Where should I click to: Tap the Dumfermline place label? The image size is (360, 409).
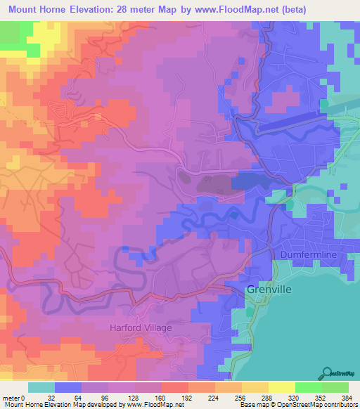point(310,254)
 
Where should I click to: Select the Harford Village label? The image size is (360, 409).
point(140,327)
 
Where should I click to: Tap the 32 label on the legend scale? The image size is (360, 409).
point(54,398)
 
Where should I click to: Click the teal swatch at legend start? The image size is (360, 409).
point(41,387)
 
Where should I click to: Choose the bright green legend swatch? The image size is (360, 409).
point(308,387)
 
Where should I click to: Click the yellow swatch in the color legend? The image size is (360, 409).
point(281,387)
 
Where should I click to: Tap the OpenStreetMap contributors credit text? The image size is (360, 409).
point(314,405)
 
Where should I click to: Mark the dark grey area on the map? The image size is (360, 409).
point(214,183)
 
